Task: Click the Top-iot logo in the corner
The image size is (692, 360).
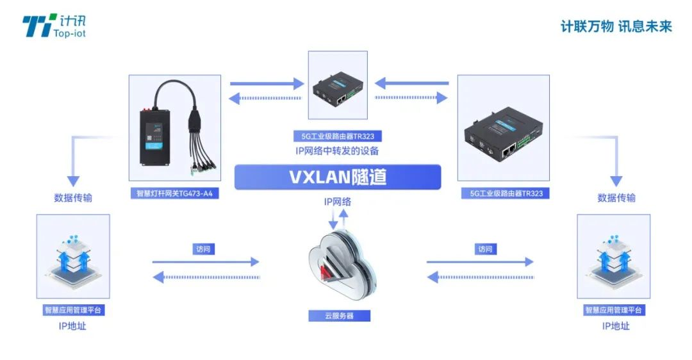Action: tap(54, 26)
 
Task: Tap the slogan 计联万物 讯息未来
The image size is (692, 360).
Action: tap(616, 26)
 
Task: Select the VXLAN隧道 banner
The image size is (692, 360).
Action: tap(338, 177)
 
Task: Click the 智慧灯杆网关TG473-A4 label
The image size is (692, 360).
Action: tap(174, 193)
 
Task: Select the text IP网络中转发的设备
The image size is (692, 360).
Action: tap(338, 151)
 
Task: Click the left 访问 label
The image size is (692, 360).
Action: tap(202, 249)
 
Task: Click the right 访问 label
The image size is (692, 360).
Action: tap(485, 249)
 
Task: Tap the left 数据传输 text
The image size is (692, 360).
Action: tap(73, 198)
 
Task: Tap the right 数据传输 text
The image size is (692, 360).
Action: tap(616, 198)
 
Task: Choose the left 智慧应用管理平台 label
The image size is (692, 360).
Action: tap(73, 310)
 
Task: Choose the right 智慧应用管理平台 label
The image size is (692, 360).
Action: tap(614, 310)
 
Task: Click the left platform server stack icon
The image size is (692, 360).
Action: tap(73, 256)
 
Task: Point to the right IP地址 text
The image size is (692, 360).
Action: tap(615, 326)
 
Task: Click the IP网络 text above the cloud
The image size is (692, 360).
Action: tap(338, 202)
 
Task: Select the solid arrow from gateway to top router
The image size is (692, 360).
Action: tap(266, 83)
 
